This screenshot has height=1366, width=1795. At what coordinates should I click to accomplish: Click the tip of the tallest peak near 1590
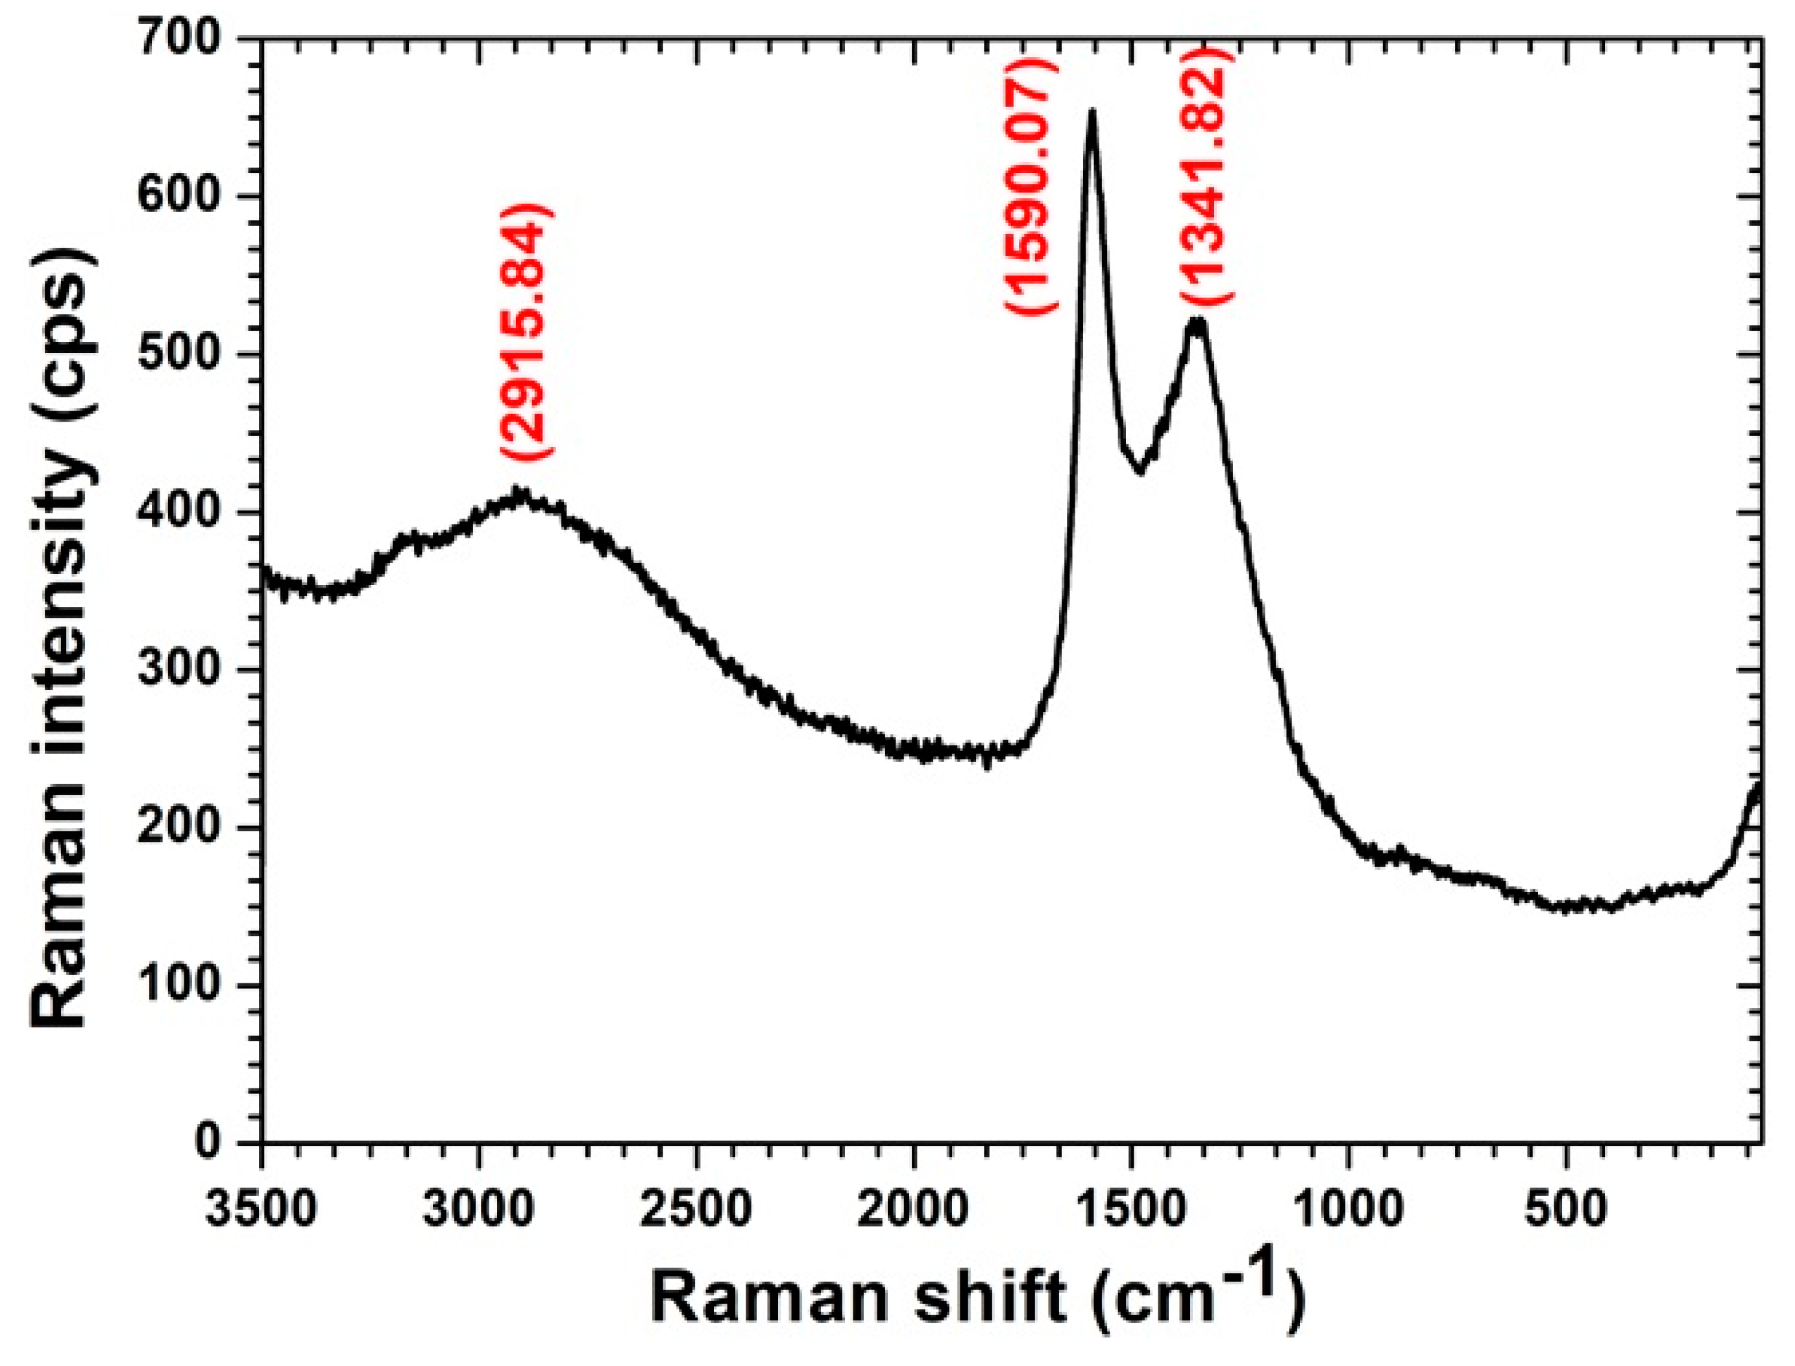point(1092,112)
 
